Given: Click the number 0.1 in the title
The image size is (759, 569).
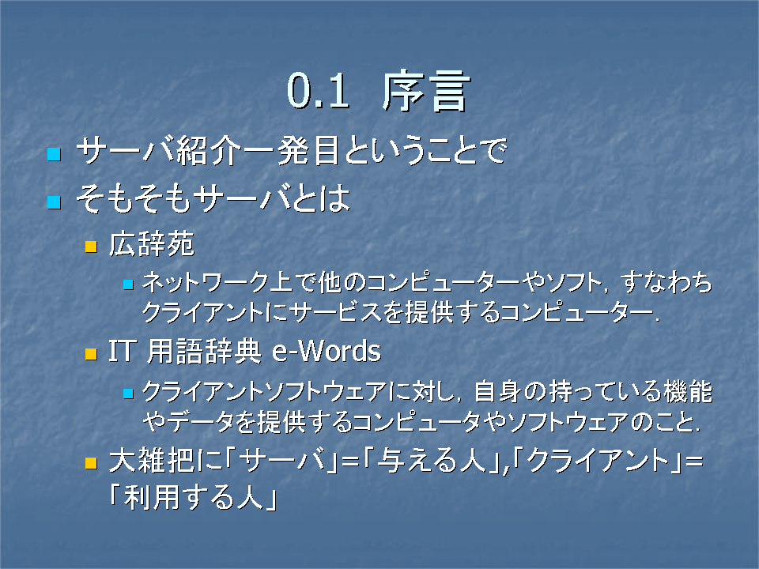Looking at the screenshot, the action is (318, 90).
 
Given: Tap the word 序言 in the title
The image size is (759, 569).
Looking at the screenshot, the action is (426, 90).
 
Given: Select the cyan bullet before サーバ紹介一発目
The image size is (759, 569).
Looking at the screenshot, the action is (55, 154).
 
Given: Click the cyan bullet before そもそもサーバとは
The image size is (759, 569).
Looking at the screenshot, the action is (55, 202).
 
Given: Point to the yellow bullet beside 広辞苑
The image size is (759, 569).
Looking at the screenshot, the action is (92, 247).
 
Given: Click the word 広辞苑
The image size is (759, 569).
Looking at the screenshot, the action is (152, 243).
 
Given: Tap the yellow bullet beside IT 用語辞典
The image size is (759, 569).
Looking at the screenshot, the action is (92, 354).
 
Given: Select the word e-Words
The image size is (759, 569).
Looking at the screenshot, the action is (327, 351).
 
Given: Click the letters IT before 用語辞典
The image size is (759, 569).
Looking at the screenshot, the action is (120, 351).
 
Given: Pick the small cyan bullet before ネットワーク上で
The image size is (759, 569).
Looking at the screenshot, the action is (128, 284).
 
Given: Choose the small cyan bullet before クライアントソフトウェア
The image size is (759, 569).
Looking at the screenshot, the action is (128, 394).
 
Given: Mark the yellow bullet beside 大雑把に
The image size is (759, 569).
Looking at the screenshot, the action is (92, 463).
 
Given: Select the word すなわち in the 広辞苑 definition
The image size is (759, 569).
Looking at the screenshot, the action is (666, 283).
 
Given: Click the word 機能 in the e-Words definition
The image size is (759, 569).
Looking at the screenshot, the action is (688, 391).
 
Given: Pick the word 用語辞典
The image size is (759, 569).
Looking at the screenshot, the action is (204, 351).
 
